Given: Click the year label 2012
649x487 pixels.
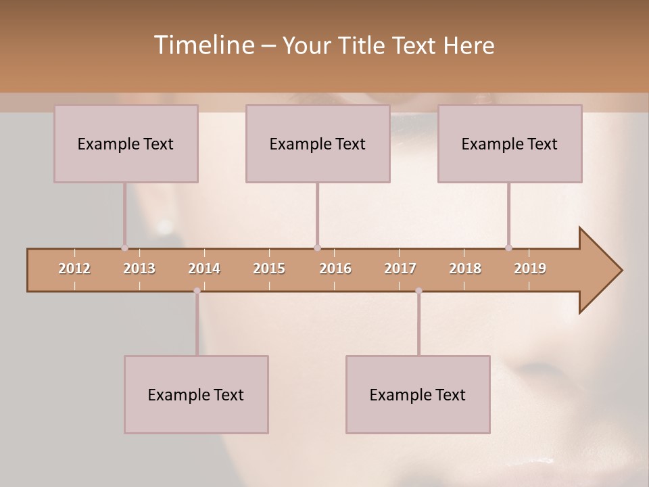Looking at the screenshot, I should (74, 269).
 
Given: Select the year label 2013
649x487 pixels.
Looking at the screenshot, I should (139, 269).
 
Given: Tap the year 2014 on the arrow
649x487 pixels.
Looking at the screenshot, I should (204, 269).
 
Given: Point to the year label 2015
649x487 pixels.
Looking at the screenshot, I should (269, 269).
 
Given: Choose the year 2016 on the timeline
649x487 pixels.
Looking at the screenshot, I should (335, 269).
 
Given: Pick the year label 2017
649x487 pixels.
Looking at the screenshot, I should (400, 269).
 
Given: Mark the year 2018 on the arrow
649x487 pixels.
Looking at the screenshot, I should (465, 269).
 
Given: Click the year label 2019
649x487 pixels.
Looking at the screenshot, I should (530, 269).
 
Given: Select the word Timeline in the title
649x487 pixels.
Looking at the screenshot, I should (203, 45).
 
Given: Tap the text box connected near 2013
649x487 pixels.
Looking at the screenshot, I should (126, 143).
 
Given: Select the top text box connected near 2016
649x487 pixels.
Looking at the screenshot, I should (318, 143).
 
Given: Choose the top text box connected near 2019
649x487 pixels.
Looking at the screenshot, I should (510, 143).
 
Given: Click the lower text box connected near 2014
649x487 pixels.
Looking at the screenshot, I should (196, 394).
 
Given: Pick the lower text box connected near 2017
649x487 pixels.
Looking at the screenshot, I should (418, 394).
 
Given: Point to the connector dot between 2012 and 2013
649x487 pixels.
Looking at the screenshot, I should (124, 248).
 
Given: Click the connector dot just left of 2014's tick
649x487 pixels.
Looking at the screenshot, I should (197, 291).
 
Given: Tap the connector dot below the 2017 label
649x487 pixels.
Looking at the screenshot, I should (418, 291).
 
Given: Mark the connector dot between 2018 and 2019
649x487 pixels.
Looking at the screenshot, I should (508, 248).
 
